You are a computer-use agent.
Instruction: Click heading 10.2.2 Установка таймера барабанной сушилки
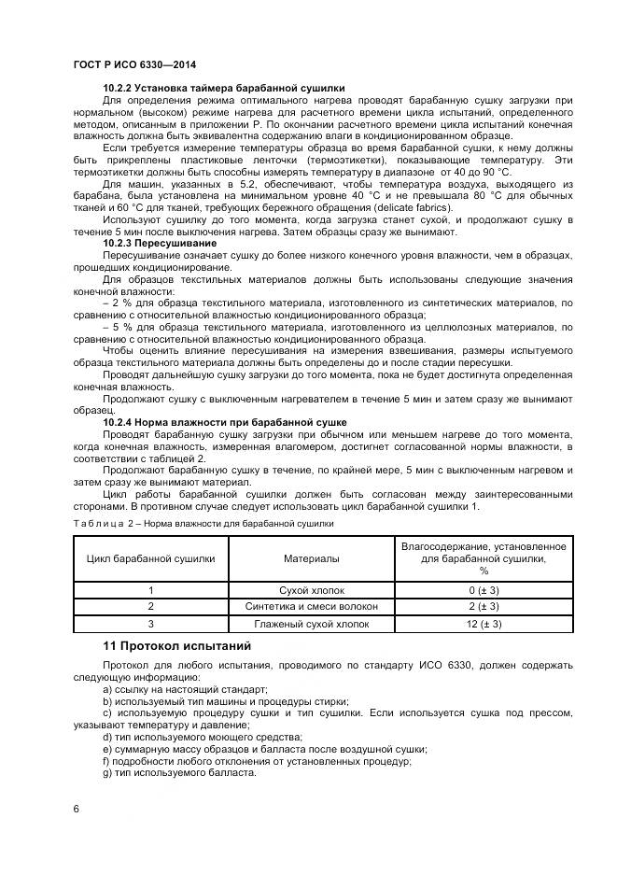click(x=224, y=88)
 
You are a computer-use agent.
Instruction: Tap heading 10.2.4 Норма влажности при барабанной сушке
click(x=225, y=422)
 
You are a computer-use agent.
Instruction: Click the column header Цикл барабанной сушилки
click(x=150, y=557)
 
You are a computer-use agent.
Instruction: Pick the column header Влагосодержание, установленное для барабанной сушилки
click(x=484, y=557)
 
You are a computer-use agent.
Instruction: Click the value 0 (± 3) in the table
click(x=484, y=591)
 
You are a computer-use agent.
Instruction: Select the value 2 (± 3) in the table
click(x=484, y=607)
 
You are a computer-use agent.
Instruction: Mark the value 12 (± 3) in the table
click(x=484, y=624)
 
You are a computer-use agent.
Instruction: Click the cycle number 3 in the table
click(x=150, y=624)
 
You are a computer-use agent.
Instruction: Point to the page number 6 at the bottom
click(x=75, y=808)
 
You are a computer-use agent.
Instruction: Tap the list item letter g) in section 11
click(x=108, y=773)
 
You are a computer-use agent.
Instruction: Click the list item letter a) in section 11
click(x=108, y=688)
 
